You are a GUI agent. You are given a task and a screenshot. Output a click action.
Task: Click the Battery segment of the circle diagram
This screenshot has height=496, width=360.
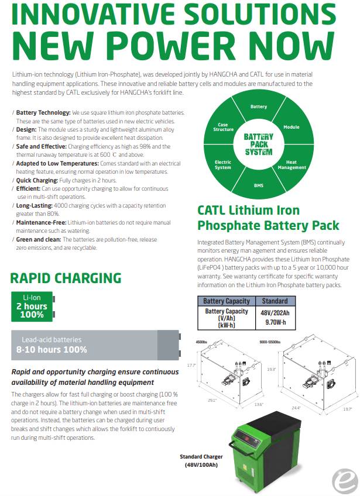258,106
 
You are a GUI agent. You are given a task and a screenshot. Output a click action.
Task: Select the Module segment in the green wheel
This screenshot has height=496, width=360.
292,127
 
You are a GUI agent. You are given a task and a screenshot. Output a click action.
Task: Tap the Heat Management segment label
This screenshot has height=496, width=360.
292,164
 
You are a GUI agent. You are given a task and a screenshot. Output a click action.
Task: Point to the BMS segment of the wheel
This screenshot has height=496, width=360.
258,185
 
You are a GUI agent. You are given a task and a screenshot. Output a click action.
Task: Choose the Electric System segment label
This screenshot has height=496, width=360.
223,164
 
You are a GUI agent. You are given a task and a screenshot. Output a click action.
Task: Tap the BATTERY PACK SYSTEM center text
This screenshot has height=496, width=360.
258,144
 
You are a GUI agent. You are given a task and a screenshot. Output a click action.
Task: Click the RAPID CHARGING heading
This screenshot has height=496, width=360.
66,278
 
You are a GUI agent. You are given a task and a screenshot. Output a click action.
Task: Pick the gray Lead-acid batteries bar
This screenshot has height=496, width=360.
94,345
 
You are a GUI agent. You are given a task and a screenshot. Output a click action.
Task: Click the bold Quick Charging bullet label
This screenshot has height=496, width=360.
37,180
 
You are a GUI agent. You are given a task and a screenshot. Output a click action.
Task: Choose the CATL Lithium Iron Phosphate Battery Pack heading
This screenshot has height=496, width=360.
268,218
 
